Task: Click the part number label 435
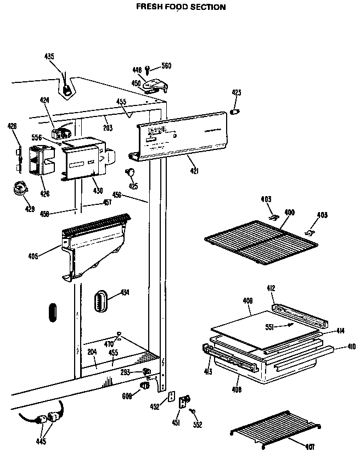tap(49, 57)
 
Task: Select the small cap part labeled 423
tap(236, 112)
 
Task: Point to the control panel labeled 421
tap(181, 137)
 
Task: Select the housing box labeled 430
tap(82, 162)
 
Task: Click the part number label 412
tap(271, 288)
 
